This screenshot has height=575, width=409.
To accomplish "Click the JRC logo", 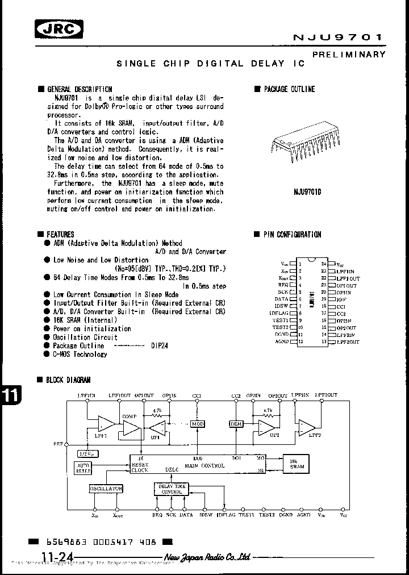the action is click(x=59, y=28).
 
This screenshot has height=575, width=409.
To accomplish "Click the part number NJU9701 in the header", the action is click(x=337, y=37).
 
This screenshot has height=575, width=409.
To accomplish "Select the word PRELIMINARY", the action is click(x=349, y=55).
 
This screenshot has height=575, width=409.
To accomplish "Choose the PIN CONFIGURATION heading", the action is click(x=291, y=234).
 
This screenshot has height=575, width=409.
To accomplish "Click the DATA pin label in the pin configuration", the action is click(x=281, y=299).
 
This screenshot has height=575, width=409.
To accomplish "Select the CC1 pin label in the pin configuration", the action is click(x=341, y=306).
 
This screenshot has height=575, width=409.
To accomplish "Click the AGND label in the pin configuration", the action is click(x=281, y=342).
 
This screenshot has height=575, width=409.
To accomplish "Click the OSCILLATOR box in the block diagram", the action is click(x=106, y=489).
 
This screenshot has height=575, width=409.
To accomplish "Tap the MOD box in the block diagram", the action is click(x=197, y=424).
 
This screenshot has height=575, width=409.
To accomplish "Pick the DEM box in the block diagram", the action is click(x=236, y=424).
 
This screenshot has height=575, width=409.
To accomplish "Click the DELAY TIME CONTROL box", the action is click(x=172, y=489).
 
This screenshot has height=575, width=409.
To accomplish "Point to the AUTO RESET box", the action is click(x=83, y=468).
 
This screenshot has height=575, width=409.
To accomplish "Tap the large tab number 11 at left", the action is click(x=10, y=397).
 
